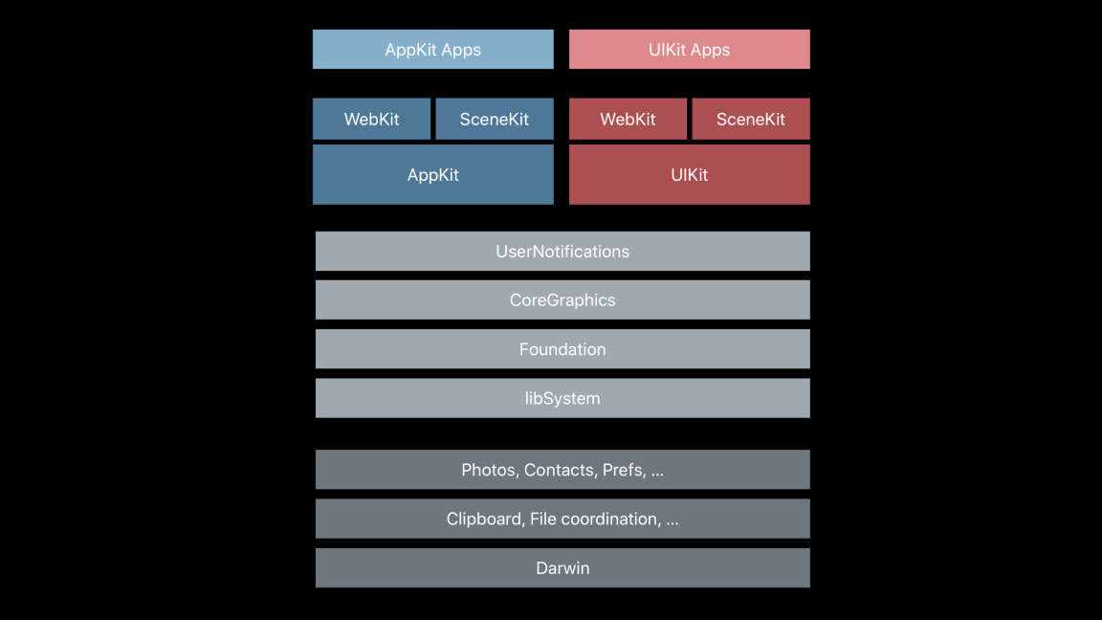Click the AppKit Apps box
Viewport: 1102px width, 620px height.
pos(432,50)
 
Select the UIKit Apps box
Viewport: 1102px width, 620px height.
pos(689,50)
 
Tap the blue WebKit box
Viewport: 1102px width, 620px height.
pos(371,120)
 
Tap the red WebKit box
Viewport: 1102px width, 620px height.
pos(628,120)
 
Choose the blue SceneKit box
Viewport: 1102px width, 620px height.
pos(494,120)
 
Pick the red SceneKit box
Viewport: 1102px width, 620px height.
pos(750,120)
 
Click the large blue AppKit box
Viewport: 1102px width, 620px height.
pos(432,175)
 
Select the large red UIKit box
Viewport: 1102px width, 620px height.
pos(689,175)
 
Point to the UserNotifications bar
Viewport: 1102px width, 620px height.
pos(562,252)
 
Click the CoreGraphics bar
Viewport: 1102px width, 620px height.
pos(562,300)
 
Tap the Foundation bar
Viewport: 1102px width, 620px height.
pos(562,349)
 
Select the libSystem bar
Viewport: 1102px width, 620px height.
pos(562,398)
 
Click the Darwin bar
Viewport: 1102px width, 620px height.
pos(562,568)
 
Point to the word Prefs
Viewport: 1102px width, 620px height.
pos(623,470)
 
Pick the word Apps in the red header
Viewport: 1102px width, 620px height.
pos(711,50)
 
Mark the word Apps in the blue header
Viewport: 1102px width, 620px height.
pos(462,50)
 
